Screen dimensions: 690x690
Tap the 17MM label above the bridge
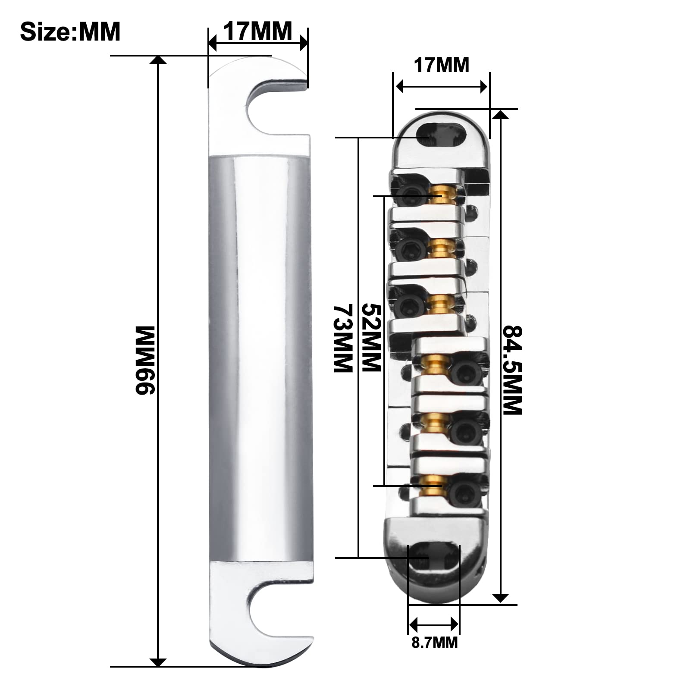[441, 66]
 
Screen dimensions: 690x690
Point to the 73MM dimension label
[343, 339]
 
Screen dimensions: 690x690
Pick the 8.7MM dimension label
[434, 643]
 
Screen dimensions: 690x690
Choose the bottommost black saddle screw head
[464, 492]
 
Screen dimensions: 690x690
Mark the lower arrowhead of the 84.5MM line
[500, 598]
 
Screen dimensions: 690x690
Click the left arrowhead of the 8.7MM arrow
[413, 624]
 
